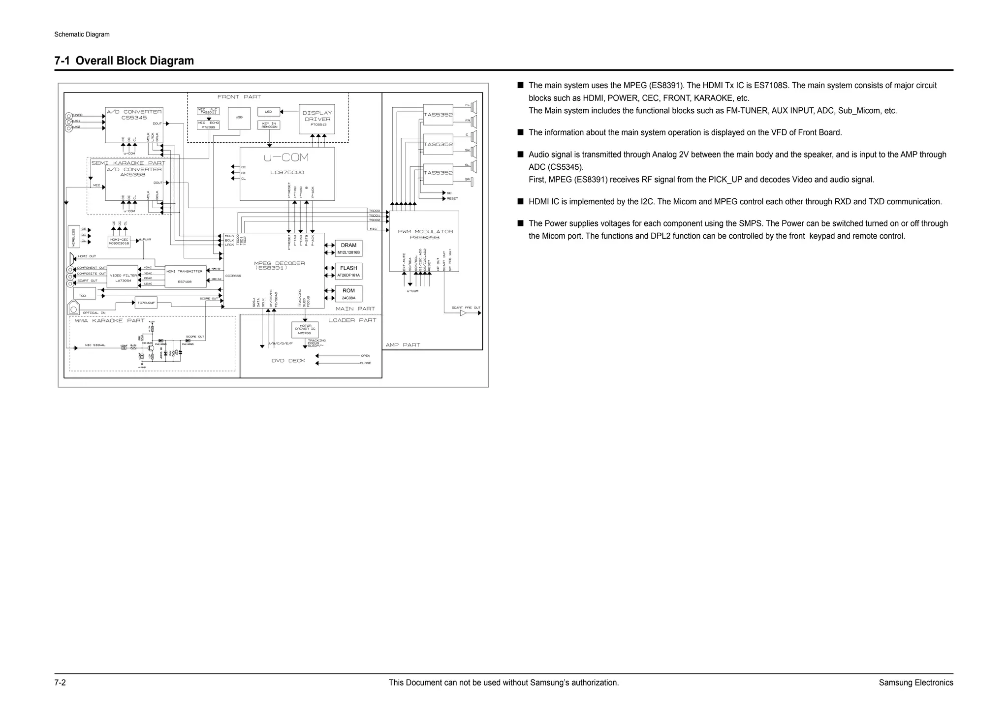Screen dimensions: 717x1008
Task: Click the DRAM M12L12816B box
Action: [348, 249]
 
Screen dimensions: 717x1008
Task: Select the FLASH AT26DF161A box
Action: [348, 272]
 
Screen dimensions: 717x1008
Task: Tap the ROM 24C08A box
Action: [348, 294]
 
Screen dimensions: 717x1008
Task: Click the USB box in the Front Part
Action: [239, 118]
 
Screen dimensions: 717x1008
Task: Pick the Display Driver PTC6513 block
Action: [317, 119]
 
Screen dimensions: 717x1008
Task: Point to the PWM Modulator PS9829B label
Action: [425, 234]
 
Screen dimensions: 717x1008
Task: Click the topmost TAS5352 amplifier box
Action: [438, 115]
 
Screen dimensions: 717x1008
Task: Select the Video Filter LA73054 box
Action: [123, 278]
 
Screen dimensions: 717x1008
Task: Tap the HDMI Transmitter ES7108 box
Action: [185, 277]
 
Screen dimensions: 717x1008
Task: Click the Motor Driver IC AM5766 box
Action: [305, 329]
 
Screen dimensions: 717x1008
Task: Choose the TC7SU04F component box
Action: [146, 303]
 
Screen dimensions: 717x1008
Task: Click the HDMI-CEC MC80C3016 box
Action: [119, 242]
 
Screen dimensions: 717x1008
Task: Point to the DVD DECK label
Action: [288, 361]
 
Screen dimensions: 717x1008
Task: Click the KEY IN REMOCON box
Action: [269, 125]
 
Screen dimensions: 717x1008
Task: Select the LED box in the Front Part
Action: [268, 112]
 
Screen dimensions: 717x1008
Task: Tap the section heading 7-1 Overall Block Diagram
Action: [124, 61]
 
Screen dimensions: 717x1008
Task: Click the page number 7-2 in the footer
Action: [60, 683]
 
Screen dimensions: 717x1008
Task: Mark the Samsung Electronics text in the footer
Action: [915, 683]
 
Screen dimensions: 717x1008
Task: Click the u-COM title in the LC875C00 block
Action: [286, 158]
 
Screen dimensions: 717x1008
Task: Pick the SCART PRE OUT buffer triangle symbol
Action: [463, 313]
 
